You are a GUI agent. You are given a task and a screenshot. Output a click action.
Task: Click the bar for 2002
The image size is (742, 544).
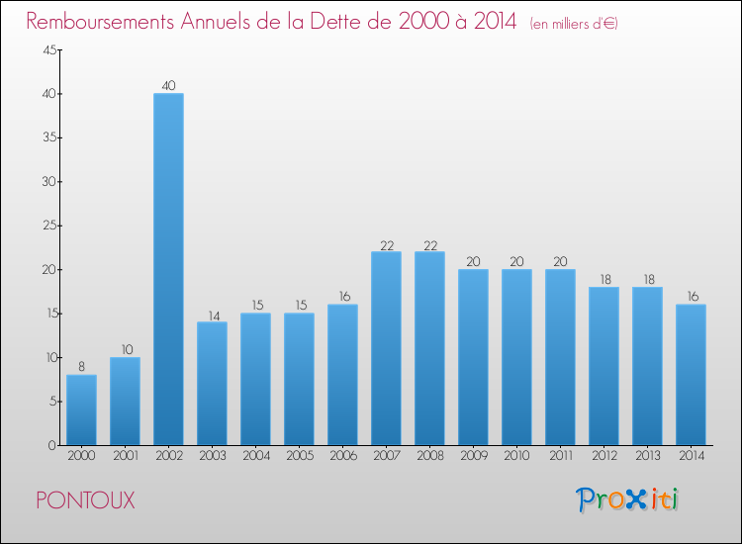(168, 269)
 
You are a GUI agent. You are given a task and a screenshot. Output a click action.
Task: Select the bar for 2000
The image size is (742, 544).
(81, 409)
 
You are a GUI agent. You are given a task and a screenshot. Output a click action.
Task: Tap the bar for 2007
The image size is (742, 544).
(386, 348)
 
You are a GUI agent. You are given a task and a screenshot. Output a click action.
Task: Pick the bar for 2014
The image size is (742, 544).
(691, 374)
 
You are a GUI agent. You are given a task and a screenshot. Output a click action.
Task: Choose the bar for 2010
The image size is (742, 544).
(516, 357)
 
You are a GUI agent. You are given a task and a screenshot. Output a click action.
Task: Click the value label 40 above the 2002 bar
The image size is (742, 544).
(168, 85)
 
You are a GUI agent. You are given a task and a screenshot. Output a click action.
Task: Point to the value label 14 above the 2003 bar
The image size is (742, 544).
(212, 314)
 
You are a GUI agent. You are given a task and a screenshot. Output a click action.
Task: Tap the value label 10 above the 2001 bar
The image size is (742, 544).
(125, 349)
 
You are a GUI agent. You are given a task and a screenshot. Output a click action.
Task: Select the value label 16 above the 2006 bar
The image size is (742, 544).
(342, 296)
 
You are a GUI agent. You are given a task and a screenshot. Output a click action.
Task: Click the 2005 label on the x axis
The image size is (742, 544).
(299, 456)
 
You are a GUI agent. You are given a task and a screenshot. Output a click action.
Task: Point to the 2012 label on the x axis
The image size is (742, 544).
(603, 456)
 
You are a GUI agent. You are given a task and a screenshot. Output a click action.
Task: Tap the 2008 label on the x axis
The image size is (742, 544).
(429, 456)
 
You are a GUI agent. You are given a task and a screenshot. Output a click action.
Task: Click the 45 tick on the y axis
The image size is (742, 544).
(47, 50)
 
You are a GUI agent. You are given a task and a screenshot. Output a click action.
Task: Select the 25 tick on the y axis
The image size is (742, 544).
(47, 226)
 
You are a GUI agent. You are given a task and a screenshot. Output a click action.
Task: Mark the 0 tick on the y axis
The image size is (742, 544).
(50, 445)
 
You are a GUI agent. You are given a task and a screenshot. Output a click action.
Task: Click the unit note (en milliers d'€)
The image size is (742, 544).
(575, 24)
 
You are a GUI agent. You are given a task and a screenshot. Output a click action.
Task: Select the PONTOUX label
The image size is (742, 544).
(85, 500)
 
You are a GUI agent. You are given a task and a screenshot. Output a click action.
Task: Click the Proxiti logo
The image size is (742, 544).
(626, 499)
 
